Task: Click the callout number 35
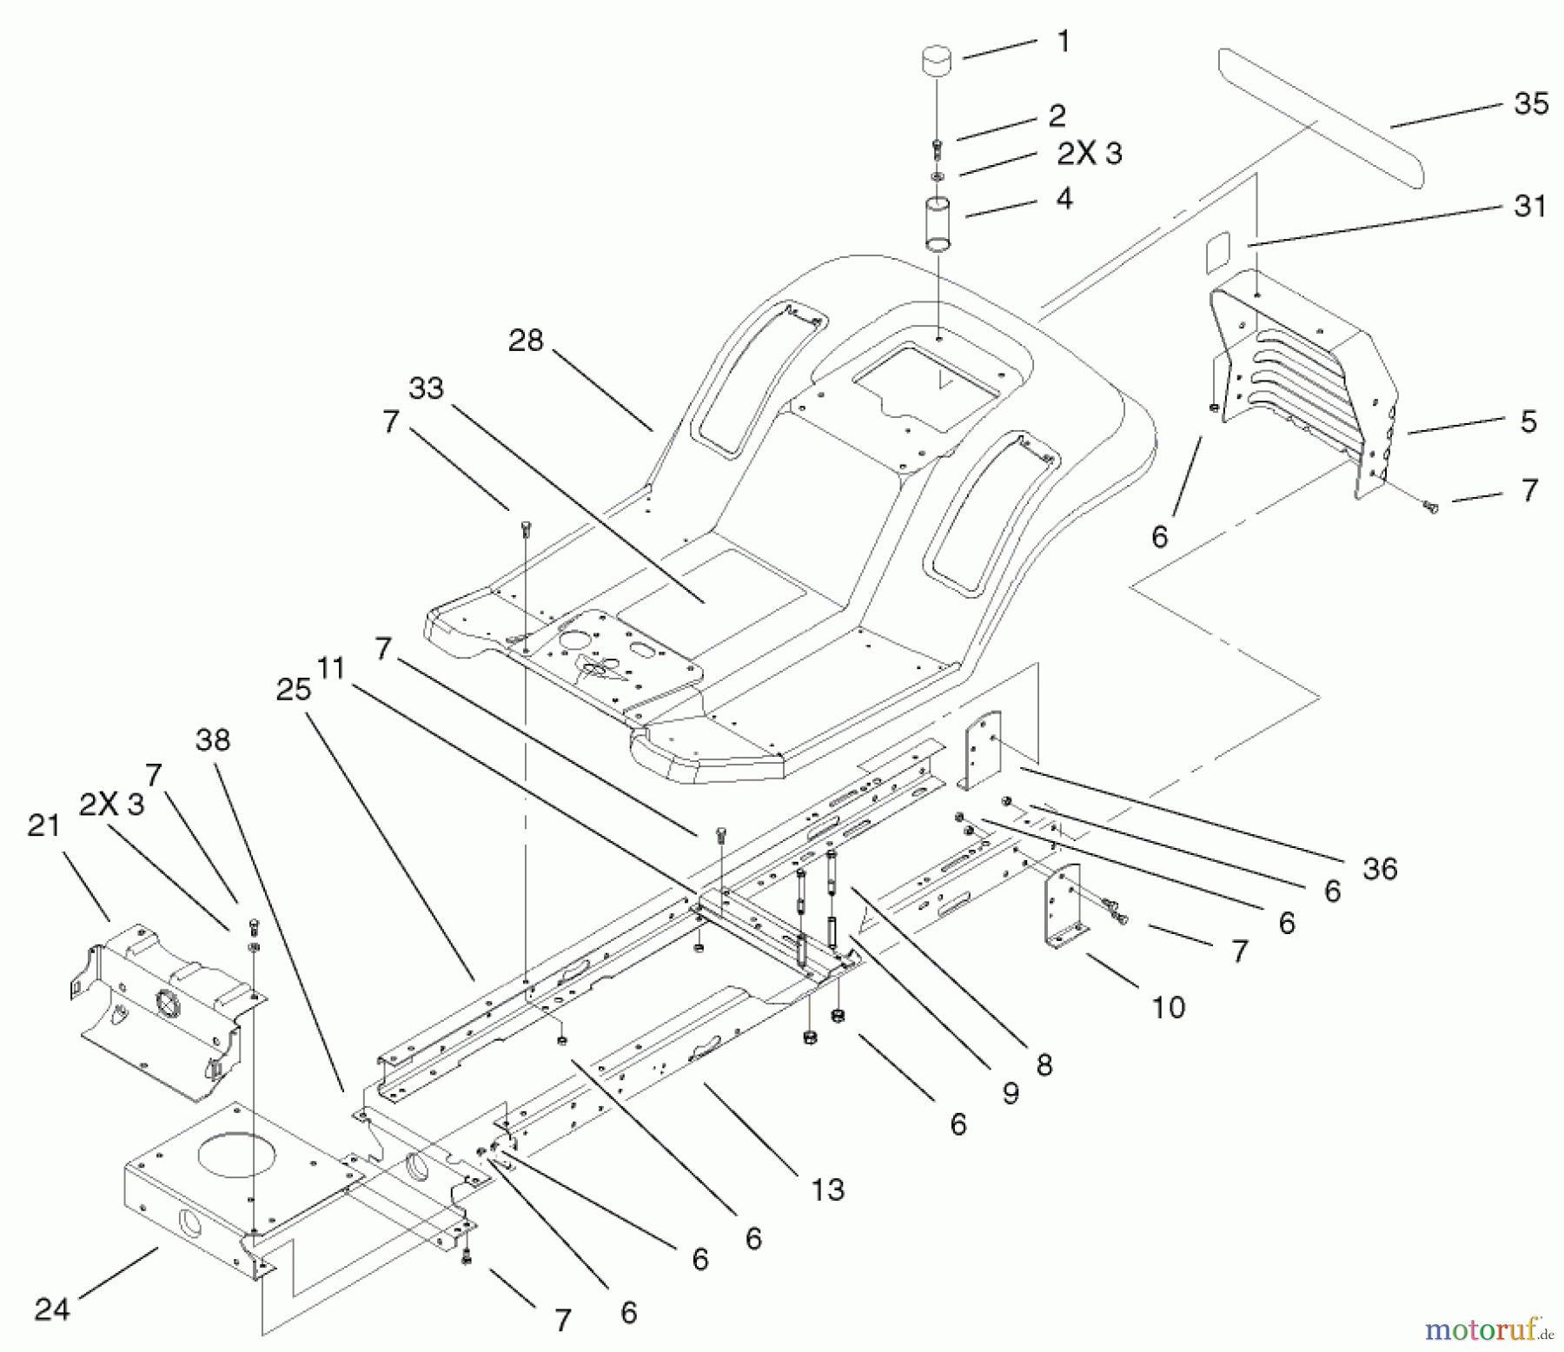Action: point(1530,104)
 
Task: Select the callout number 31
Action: point(1530,207)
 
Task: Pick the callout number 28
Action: point(526,341)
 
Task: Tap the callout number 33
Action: point(426,388)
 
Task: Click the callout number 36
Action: point(1380,868)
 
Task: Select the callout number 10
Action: point(1169,1007)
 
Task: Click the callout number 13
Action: point(827,1189)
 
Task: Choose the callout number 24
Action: point(51,1309)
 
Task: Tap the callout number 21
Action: point(43,825)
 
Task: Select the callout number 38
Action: point(213,739)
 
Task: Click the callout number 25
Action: point(293,689)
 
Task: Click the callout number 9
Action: point(1010,1092)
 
